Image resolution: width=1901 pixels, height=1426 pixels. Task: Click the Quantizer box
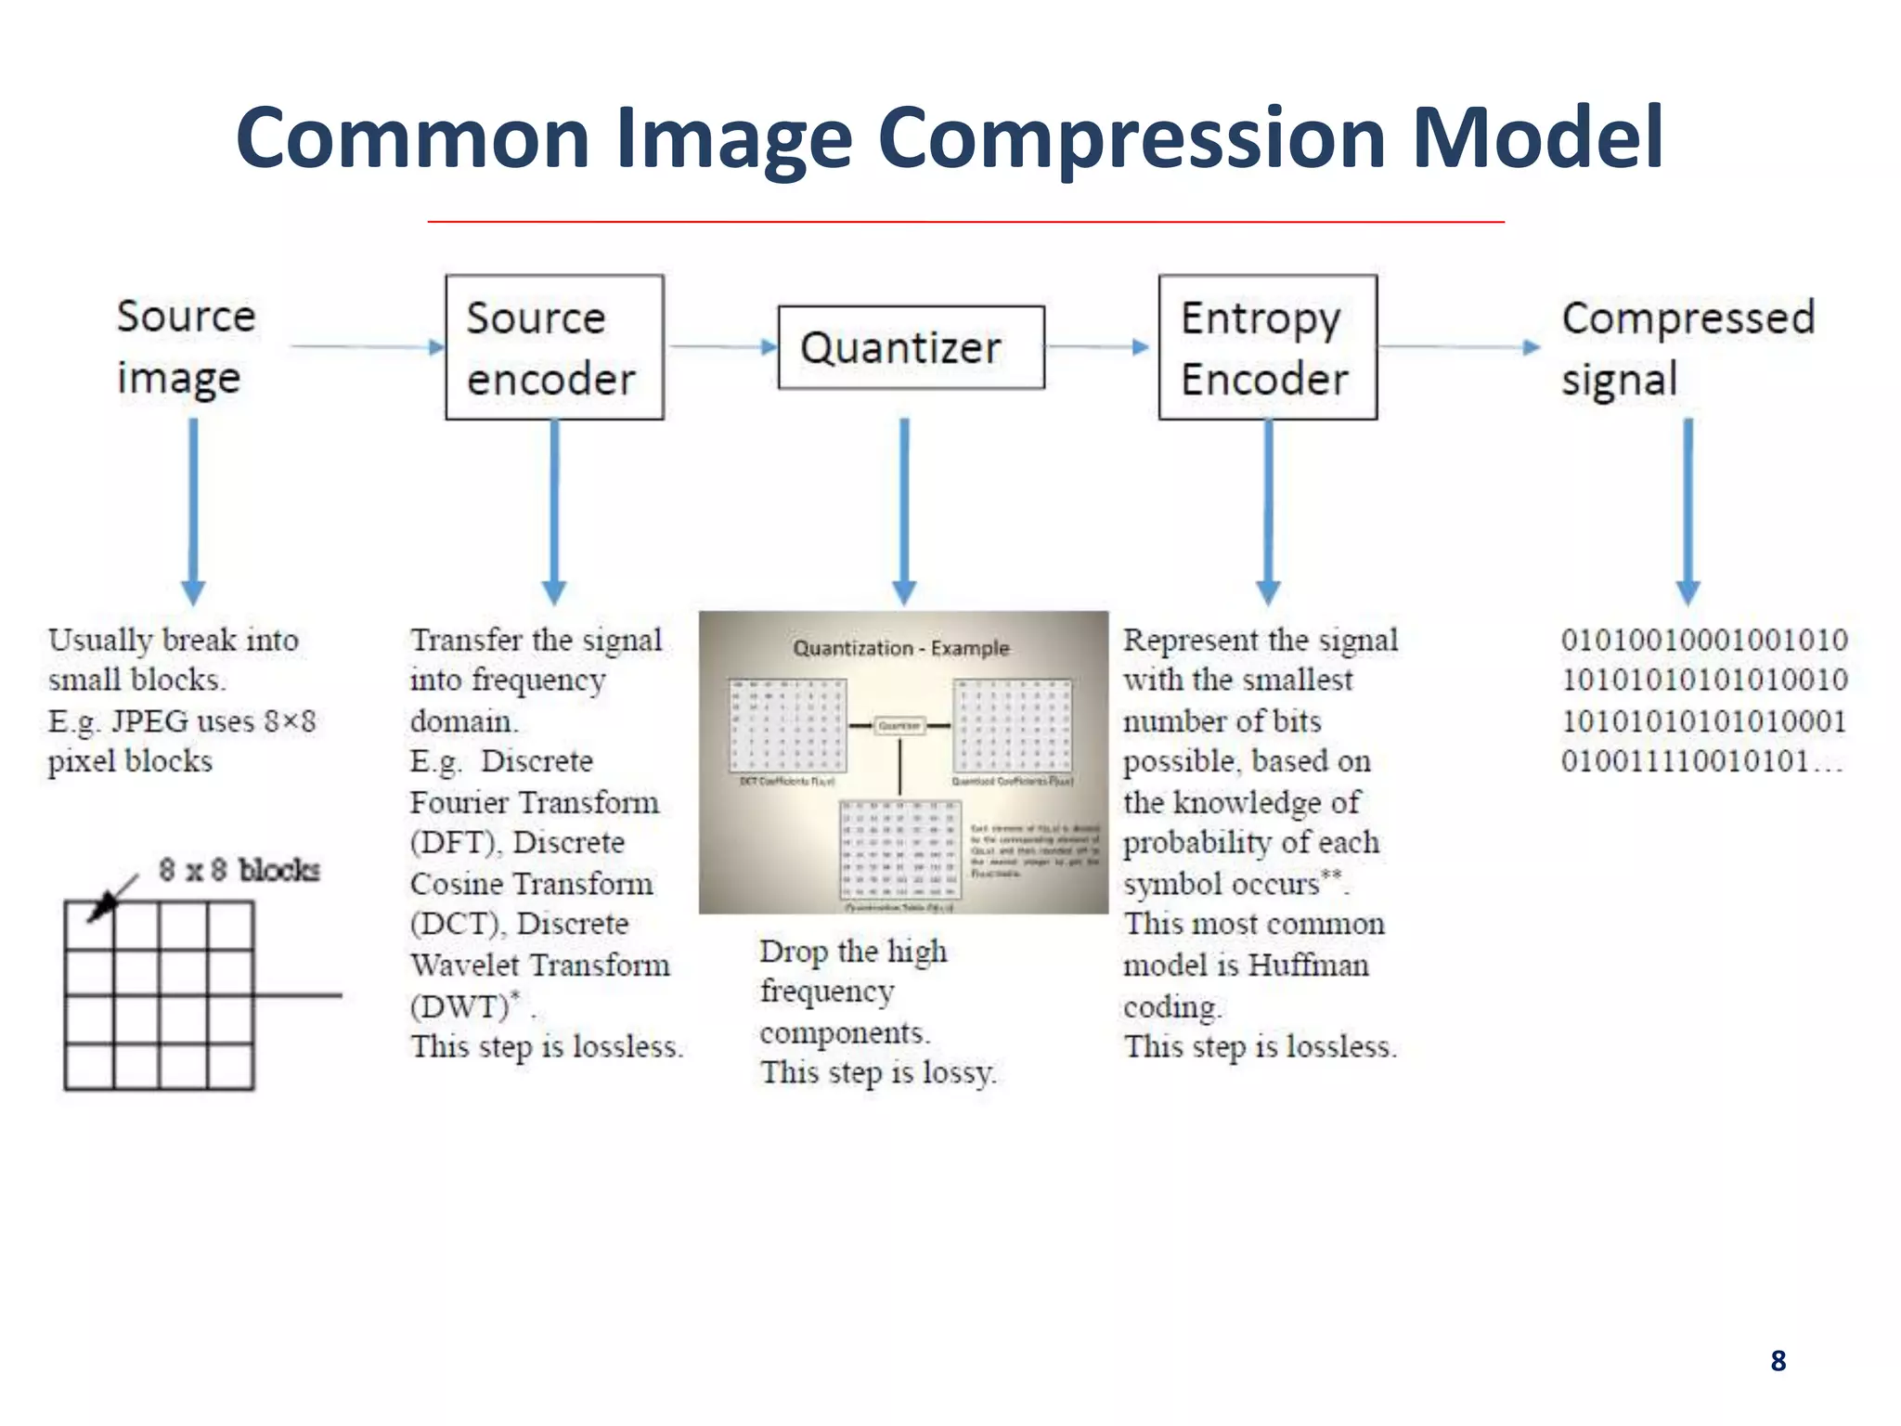911,347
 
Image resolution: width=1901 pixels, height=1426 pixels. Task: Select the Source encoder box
554,347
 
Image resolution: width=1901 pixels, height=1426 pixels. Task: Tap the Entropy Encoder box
1267,347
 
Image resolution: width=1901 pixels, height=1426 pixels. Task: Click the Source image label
185,347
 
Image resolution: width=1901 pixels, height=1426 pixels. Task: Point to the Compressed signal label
1687,347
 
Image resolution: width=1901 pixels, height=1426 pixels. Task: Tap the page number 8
1778,1360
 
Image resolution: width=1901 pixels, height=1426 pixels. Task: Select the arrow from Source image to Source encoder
367,347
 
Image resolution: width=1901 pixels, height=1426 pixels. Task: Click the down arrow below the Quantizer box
904,511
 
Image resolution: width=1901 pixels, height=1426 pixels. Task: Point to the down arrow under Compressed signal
1688,511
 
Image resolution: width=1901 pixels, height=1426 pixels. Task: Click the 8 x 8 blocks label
239,870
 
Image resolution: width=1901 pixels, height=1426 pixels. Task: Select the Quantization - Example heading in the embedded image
900,648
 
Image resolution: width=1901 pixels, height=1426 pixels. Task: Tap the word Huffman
1308,966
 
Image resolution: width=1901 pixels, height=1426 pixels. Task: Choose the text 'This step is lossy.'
877,1073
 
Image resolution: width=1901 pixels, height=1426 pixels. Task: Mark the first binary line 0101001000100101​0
1703,640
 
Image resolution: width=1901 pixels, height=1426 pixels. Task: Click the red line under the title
965,222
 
